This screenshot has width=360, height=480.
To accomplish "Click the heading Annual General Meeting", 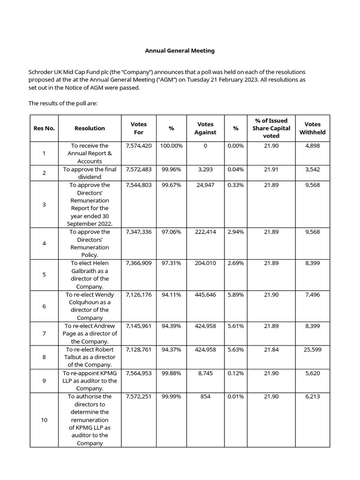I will (x=180, y=51).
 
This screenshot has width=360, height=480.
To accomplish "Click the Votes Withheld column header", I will (x=312, y=128).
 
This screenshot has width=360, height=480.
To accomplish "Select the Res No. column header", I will (x=44, y=128).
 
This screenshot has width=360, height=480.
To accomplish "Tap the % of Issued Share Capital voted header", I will (x=271, y=128).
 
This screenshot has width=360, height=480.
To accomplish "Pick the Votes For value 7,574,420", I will (x=139, y=146).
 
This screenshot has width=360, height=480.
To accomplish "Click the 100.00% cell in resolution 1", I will (x=172, y=146).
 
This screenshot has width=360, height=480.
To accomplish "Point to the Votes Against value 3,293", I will (x=205, y=169).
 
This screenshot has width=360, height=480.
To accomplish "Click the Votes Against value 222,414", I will (x=205, y=232).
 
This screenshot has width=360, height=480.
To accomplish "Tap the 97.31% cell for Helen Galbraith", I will (x=172, y=263).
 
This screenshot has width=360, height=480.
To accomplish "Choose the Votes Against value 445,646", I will (x=205, y=295).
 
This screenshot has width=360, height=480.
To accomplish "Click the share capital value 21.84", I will (x=271, y=349).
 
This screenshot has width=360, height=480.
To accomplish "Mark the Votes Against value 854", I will (x=205, y=397).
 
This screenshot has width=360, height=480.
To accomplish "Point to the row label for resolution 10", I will (x=44, y=420).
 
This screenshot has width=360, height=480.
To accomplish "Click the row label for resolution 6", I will (x=44, y=306).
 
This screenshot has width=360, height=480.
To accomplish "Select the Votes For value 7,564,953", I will (x=139, y=373).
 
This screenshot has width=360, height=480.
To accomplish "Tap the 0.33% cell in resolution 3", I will (x=235, y=185).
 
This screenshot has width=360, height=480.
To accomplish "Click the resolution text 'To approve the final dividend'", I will (x=90, y=173).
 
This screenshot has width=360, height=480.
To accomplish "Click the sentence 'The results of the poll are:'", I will (x=63, y=103).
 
